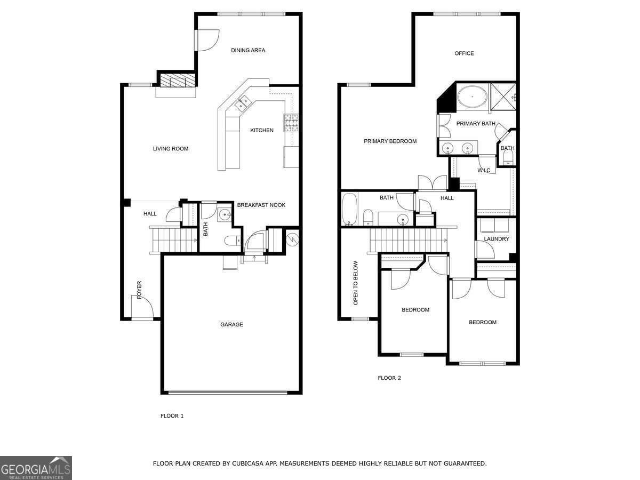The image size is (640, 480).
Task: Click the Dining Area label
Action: click(248, 51)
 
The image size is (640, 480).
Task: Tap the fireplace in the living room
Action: click(173, 81)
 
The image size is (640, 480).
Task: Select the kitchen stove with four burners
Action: click(291, 123)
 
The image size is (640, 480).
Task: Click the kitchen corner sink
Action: click(243, 102)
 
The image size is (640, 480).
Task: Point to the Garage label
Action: click(232, 324)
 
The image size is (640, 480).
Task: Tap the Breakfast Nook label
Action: click(261, 205)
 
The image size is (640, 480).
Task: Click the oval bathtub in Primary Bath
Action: click(472, 97)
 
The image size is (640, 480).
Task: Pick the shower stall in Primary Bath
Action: click(503, 97)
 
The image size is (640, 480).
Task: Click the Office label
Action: click(464, 53)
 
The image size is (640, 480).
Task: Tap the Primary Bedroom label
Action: click(390, 141)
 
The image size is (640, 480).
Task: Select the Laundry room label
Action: click(497, 239)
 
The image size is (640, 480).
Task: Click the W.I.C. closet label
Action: click(484, 171)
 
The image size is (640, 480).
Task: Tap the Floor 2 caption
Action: click(389, 378)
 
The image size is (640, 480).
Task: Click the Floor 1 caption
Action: click(172, 416)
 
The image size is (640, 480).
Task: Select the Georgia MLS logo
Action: click(36, 468)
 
